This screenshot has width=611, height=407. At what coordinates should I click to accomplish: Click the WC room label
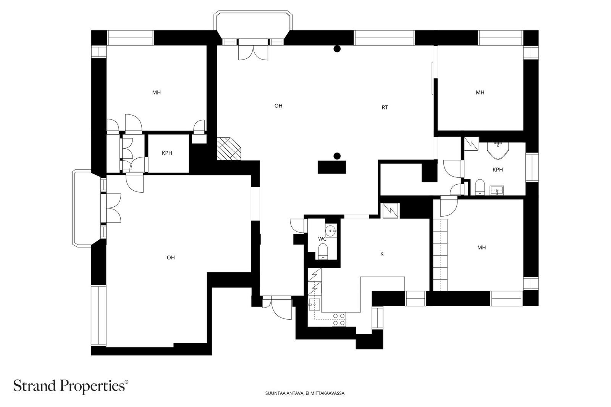[x=322, y=239]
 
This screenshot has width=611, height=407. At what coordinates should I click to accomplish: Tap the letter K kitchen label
[x=382, y=254]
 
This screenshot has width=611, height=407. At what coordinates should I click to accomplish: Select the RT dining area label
[x=385, y=108]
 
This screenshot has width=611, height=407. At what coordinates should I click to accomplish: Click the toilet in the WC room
[x=323, y=251]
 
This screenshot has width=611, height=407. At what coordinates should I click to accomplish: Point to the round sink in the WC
[x=331, y=231]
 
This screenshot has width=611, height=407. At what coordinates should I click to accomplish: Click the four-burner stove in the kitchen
[x=339, y=319]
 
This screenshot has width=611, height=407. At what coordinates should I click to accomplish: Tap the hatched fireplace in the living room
[x=229, y=148]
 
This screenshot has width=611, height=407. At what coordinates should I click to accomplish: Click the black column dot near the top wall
[x=337, y=49]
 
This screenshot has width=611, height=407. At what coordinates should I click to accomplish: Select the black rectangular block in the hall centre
[x=332, y=167]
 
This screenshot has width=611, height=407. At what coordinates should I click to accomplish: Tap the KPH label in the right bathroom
[x=498, y=170]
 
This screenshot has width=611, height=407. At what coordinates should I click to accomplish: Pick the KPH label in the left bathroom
[x=167, y=153]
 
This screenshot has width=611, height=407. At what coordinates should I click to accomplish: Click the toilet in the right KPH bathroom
[x=480, y=187]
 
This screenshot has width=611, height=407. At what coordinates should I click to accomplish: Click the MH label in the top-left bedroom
[x=156, y=93]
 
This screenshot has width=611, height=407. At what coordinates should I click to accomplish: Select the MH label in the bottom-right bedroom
[x=482, y=248]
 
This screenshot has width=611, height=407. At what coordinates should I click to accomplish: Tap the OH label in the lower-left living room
[x=171, y=257]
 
